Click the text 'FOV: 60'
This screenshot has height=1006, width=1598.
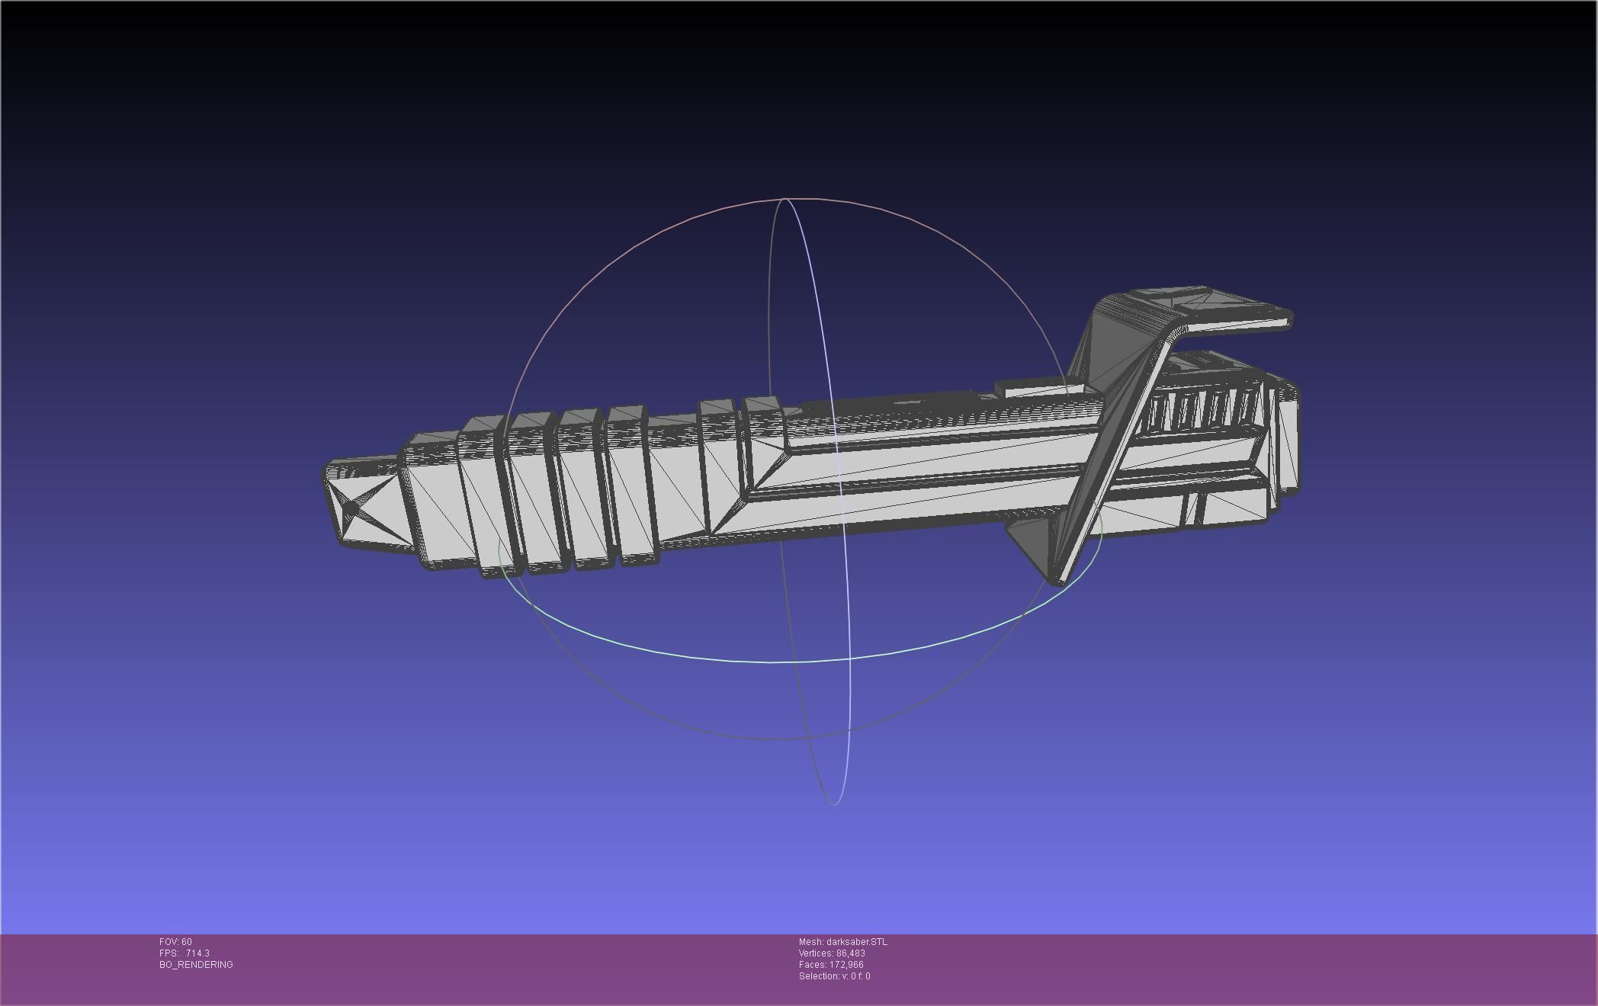click(175, 942)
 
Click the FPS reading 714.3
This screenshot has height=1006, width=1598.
click(197, 953)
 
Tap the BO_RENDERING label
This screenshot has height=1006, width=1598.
click(196, 965)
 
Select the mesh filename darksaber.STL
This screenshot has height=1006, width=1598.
click(842, 942)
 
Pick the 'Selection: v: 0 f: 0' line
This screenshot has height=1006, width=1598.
click(834, 976)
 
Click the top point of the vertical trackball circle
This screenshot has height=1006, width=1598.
click(785, 200)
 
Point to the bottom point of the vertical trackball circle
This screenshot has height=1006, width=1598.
click(835, 803)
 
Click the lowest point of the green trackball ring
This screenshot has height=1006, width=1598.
click(770, 662)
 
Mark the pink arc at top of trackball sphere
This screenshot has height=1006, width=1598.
click(785, 200)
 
